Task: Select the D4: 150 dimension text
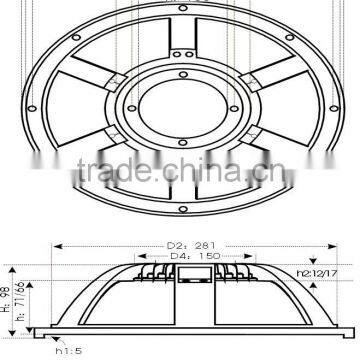pos(181,256)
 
